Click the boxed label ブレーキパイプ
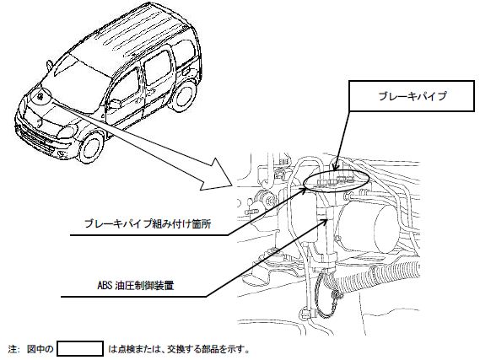(412, 96)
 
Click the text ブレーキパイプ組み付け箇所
(148, 224)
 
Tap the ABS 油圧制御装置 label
(136, 286)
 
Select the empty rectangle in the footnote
(80, 349)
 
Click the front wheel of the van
(91, 147)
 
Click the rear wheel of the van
(183, 95)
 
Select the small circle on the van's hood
(40, 97)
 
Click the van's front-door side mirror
(116, 104)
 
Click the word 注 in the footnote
(13, 349)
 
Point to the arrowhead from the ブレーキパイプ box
(336, 167)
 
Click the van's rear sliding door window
(158, 67)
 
